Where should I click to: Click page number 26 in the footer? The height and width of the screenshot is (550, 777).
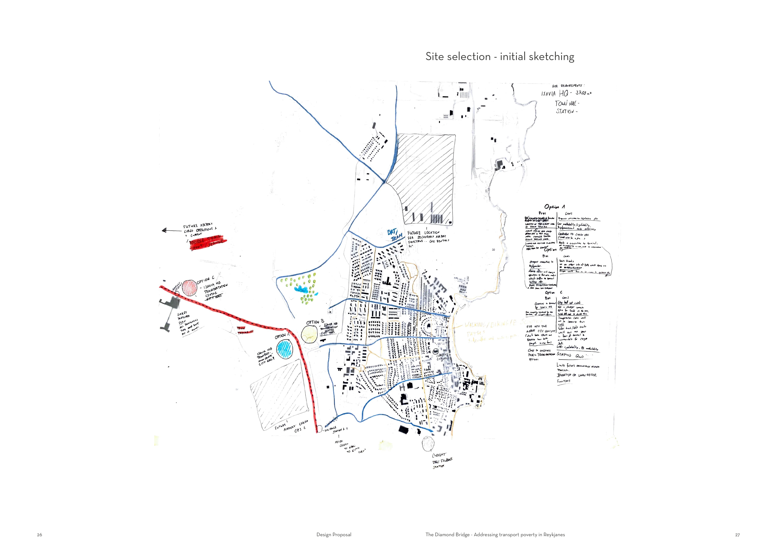click(x=40, y=535)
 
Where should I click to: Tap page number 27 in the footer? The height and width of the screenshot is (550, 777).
click(x=737, y=535)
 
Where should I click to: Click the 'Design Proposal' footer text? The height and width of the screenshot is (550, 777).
click(x=334, y=535)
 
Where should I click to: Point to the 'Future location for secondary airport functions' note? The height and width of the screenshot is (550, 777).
click(x=428, y=237)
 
